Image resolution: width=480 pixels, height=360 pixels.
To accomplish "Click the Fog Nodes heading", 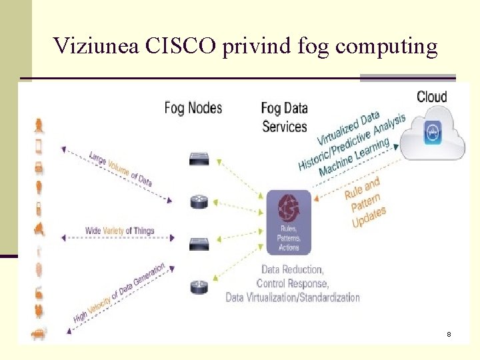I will tap(193, 107).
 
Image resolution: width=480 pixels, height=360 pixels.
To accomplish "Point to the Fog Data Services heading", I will tap(285, 117).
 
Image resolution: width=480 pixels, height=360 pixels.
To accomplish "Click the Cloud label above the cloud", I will tap(432, 97).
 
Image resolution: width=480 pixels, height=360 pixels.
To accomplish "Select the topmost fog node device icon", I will tap(199, 159).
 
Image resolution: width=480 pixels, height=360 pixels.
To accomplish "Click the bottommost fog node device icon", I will tap(199, 287).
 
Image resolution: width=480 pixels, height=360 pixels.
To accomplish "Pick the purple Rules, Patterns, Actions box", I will tap(289, 222).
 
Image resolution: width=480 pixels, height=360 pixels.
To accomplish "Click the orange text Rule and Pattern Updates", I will tap(365, 201).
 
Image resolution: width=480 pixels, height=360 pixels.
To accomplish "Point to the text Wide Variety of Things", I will tap(119, 231).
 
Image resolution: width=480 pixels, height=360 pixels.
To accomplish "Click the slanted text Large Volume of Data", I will tap(120, 169).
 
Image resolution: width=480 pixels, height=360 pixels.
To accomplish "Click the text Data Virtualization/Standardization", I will tap(293, 297).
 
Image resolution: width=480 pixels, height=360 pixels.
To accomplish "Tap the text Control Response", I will tap(293, 283).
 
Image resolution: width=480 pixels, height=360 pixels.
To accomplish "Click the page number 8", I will tap(449, 333).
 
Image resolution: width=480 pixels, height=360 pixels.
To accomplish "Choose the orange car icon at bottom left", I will tap(39, 333).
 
